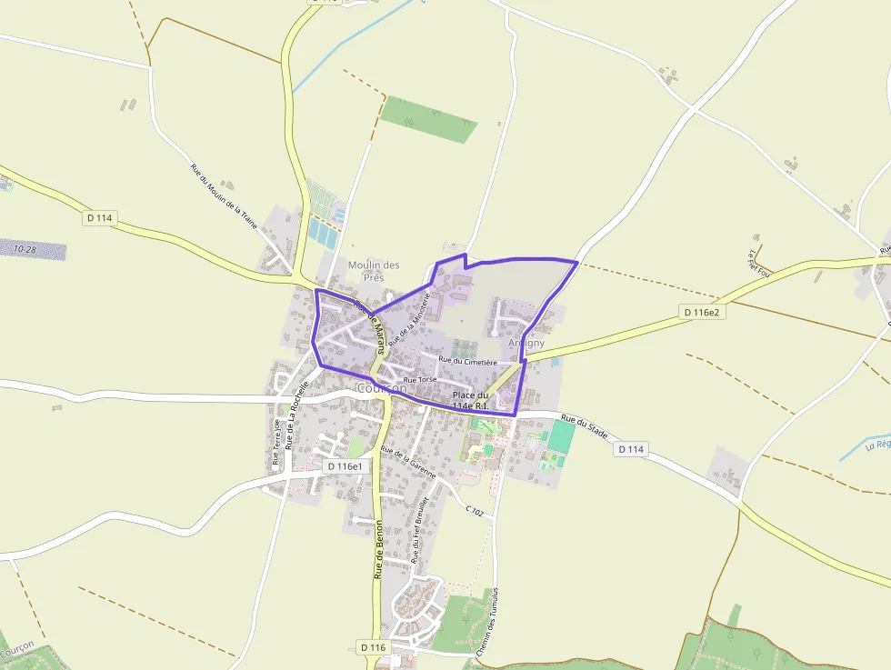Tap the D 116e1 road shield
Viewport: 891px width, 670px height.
[x=345, y=466]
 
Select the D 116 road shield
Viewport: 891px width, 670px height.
[x=373, y=647]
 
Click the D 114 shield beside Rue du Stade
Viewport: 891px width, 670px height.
[x=631, y=449]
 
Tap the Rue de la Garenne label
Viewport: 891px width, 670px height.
[x=408, y=463]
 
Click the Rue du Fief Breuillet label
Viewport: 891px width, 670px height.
[x=419, y=533]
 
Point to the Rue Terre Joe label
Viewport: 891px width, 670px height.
[x=275, y=442]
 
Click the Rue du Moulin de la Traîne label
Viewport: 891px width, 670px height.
[x=224, y=195]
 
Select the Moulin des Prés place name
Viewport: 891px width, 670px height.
[x=374, y=271]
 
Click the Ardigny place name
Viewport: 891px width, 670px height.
[x=526, y=344]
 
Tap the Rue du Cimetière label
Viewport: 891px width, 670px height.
[x=467, y=361]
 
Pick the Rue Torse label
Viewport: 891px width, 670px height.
[x=420, y=379]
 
